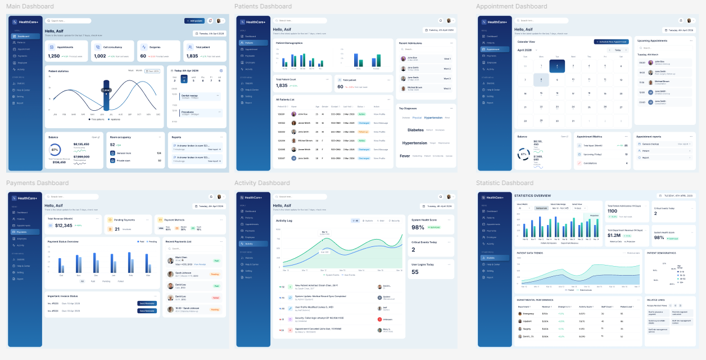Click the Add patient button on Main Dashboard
point(194,21)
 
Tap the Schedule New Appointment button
point(611,42)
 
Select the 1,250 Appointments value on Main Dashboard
point(54,56)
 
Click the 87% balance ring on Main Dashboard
point(55,150)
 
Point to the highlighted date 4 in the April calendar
point(557,66)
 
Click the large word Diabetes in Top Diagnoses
point(415,130)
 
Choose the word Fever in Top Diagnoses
point(405,156)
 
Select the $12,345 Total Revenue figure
point(64,226)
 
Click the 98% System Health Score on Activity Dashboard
point(418,227)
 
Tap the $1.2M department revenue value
point(614,236)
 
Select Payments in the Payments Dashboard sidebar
point(22,232)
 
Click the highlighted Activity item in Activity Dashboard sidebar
point(249,244)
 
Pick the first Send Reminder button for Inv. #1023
point(147,303)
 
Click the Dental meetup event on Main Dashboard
point(189,96)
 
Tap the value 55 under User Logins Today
point(415,272)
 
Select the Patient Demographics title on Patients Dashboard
point(289,43)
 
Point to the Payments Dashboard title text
point(37,183)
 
